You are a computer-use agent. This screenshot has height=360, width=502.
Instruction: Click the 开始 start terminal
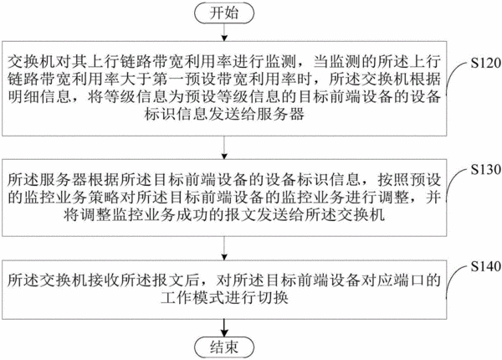click(x=224, y=13)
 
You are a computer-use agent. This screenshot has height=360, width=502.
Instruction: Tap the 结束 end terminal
click(x=224, y=347)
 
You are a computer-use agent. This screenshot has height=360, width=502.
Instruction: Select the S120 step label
click(x=485, y=63)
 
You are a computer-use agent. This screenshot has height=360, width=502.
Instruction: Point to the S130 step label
click(x=485, y=169)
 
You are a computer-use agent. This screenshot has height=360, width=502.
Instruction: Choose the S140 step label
click(x=485, y=266)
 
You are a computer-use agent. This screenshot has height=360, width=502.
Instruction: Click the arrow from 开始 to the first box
click(x=224, y=32)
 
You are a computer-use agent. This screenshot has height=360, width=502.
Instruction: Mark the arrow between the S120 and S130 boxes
click(x=224, y=147)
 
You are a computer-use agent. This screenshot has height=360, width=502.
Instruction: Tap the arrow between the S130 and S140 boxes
click(x=224, y=248)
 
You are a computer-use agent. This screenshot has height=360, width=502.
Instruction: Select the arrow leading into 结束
click(x=224, y=328)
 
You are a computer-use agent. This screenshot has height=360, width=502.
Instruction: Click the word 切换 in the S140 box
click(x=272, y=297)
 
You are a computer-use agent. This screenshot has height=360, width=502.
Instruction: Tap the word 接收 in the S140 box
click(x=105, y=280)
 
